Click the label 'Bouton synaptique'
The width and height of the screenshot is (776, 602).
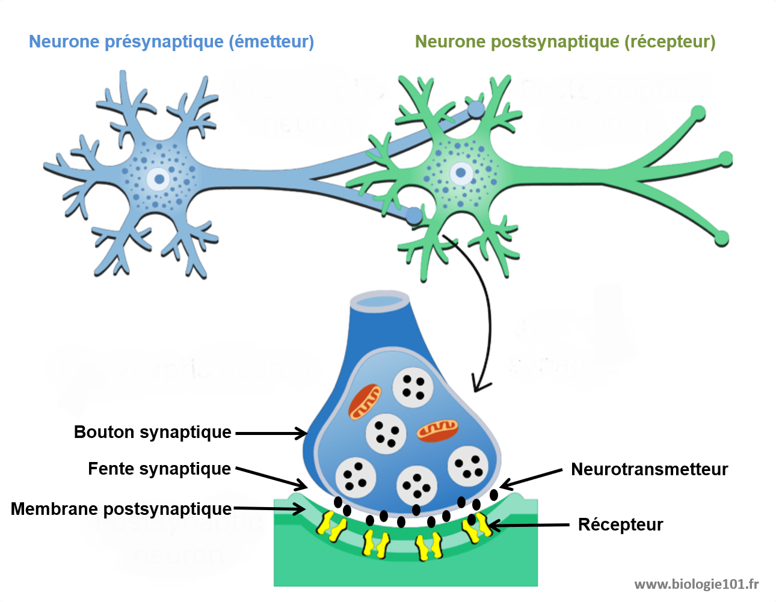[152, 433]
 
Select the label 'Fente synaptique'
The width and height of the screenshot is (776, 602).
[159, 469]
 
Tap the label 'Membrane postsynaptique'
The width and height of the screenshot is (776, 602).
[121, 509]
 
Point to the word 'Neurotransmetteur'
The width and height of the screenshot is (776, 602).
[649, 469]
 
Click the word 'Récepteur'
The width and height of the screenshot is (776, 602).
[620, 524]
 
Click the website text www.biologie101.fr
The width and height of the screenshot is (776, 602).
[696, 584]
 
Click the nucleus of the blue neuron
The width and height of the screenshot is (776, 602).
[159, 178]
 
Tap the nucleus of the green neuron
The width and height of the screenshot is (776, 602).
[461, 173]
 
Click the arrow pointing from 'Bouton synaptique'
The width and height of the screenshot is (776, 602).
[271, 433]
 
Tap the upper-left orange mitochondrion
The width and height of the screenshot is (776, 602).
[365, 402]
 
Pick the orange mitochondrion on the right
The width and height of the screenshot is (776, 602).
[438, 430]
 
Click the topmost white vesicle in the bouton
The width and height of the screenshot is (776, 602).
[413, 387]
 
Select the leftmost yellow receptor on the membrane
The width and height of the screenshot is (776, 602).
[331, 525]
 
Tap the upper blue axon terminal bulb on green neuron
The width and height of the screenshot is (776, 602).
[476, 109]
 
